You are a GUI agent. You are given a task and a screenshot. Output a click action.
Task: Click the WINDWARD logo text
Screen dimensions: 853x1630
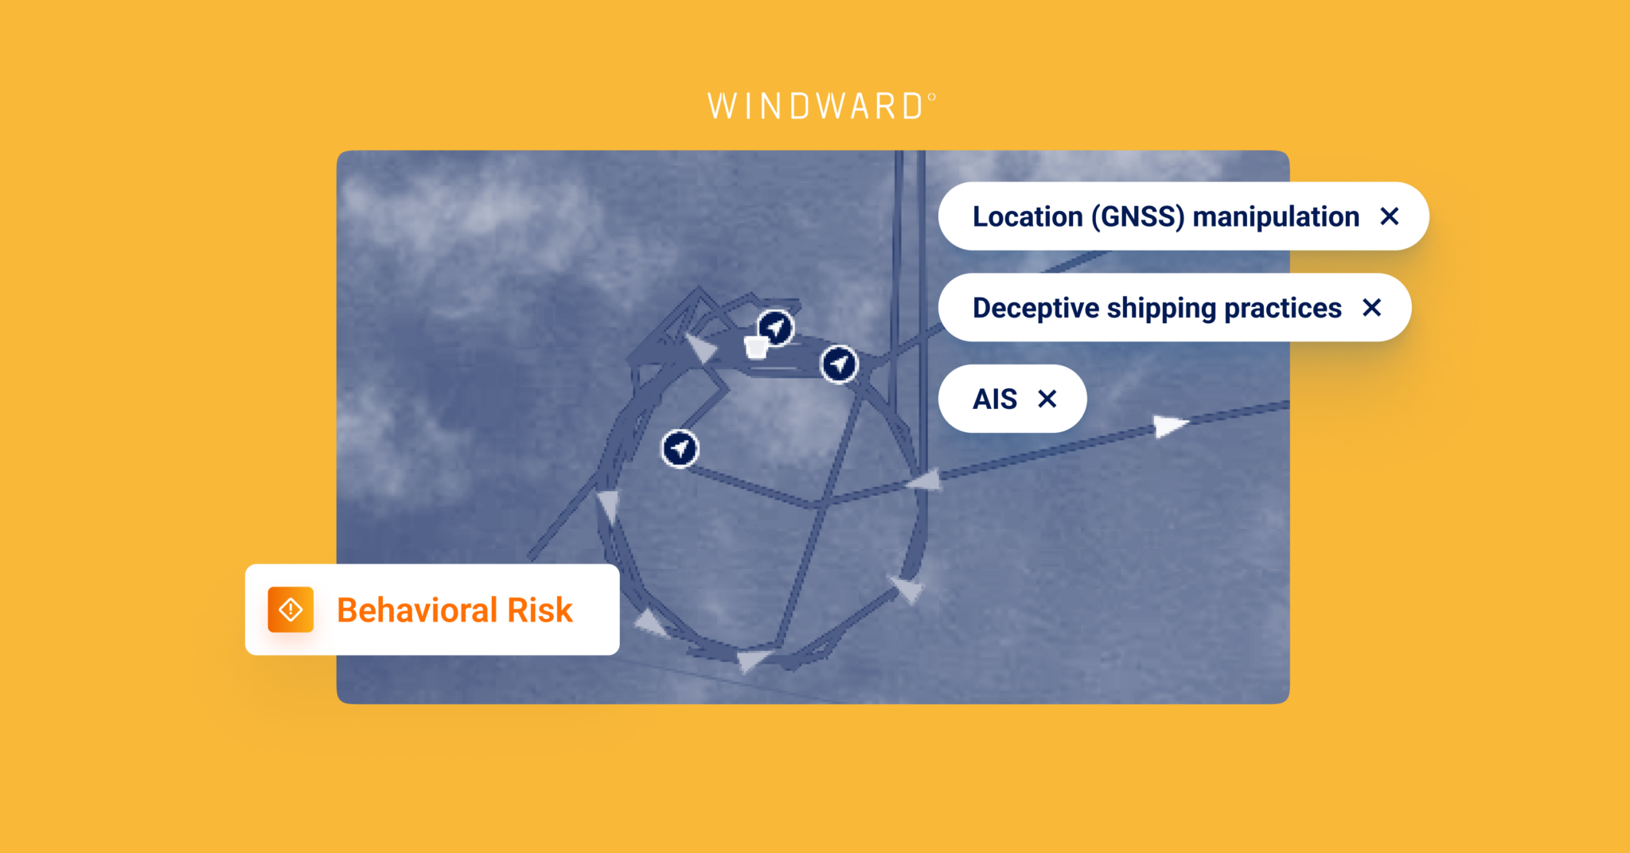[815, 107]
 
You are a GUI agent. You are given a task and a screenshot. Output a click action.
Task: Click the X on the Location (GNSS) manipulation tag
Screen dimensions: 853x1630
[1389, 216]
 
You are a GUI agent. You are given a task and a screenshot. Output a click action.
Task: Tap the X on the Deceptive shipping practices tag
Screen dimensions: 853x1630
[1371, 308]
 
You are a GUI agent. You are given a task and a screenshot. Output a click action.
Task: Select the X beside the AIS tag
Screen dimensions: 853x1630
[1047, 399]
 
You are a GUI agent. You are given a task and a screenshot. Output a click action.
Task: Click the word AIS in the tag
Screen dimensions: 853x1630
[995, 399]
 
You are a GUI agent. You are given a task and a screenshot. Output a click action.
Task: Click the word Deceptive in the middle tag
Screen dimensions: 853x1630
[1035, 308]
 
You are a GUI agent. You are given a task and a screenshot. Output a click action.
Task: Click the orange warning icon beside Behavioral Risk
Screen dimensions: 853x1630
[291, 610]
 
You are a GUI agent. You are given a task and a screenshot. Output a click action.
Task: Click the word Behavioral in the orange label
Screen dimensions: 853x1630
[417, 610]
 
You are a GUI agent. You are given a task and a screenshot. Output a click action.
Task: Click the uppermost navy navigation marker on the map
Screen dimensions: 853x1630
[775, 327]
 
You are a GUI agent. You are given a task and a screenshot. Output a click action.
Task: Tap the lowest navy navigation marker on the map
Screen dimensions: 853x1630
[680, 449]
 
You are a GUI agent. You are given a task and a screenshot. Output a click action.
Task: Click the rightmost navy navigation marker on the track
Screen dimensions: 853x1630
[839, 364]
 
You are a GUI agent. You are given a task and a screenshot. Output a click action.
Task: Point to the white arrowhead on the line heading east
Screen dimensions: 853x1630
[1169, 426]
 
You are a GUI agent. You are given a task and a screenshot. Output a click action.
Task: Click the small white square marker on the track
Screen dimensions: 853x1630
[756, 347]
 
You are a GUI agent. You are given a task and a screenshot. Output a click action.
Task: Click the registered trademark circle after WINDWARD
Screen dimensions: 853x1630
[932, 97]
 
